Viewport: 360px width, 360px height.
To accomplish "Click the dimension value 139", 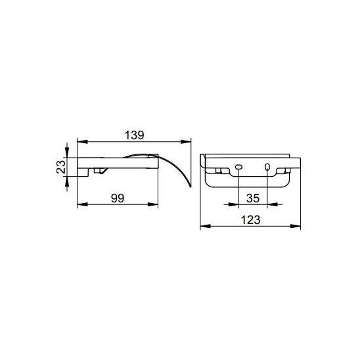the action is pos(134,135).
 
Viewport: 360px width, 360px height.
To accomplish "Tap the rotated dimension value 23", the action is pos(61,167).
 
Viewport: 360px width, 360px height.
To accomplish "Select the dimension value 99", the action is pos(118,198).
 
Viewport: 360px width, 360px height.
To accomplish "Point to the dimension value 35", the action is pos(253,198).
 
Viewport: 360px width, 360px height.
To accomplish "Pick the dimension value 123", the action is pos(250,220).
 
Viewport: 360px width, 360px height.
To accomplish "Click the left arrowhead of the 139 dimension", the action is pos(82,142).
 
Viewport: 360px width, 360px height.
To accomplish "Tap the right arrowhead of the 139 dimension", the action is pos(186,142).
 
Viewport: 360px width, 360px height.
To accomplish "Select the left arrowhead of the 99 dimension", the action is pos(82,204).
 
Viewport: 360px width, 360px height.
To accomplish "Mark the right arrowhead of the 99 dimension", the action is pos(153,204).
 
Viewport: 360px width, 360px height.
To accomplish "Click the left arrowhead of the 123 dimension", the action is pos(206,226).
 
